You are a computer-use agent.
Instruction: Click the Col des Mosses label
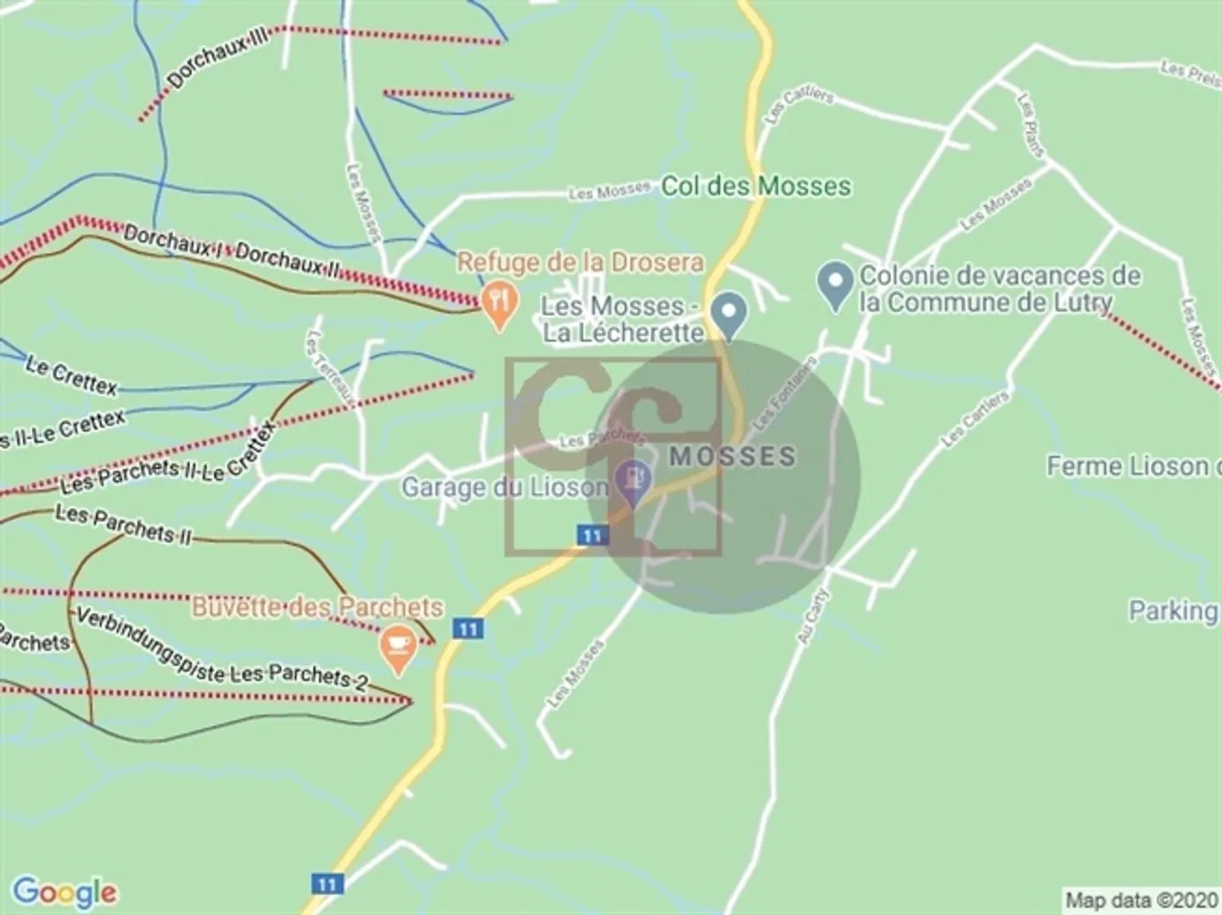[755, 186]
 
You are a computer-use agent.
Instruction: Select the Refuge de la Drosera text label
[580, 262]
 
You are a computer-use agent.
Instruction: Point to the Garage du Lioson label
[505, 488]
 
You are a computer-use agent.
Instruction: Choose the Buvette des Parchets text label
[317, 608]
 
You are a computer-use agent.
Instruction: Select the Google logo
[64, 891]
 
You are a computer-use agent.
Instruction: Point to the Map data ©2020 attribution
[1141, 900]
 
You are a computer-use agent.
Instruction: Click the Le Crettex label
[71, 376]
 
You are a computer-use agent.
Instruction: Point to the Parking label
[1173, 610]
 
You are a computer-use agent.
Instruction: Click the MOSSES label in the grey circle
[733, 457]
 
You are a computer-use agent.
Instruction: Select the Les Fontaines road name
[785, 393]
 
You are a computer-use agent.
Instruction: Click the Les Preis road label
[1190, 72]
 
